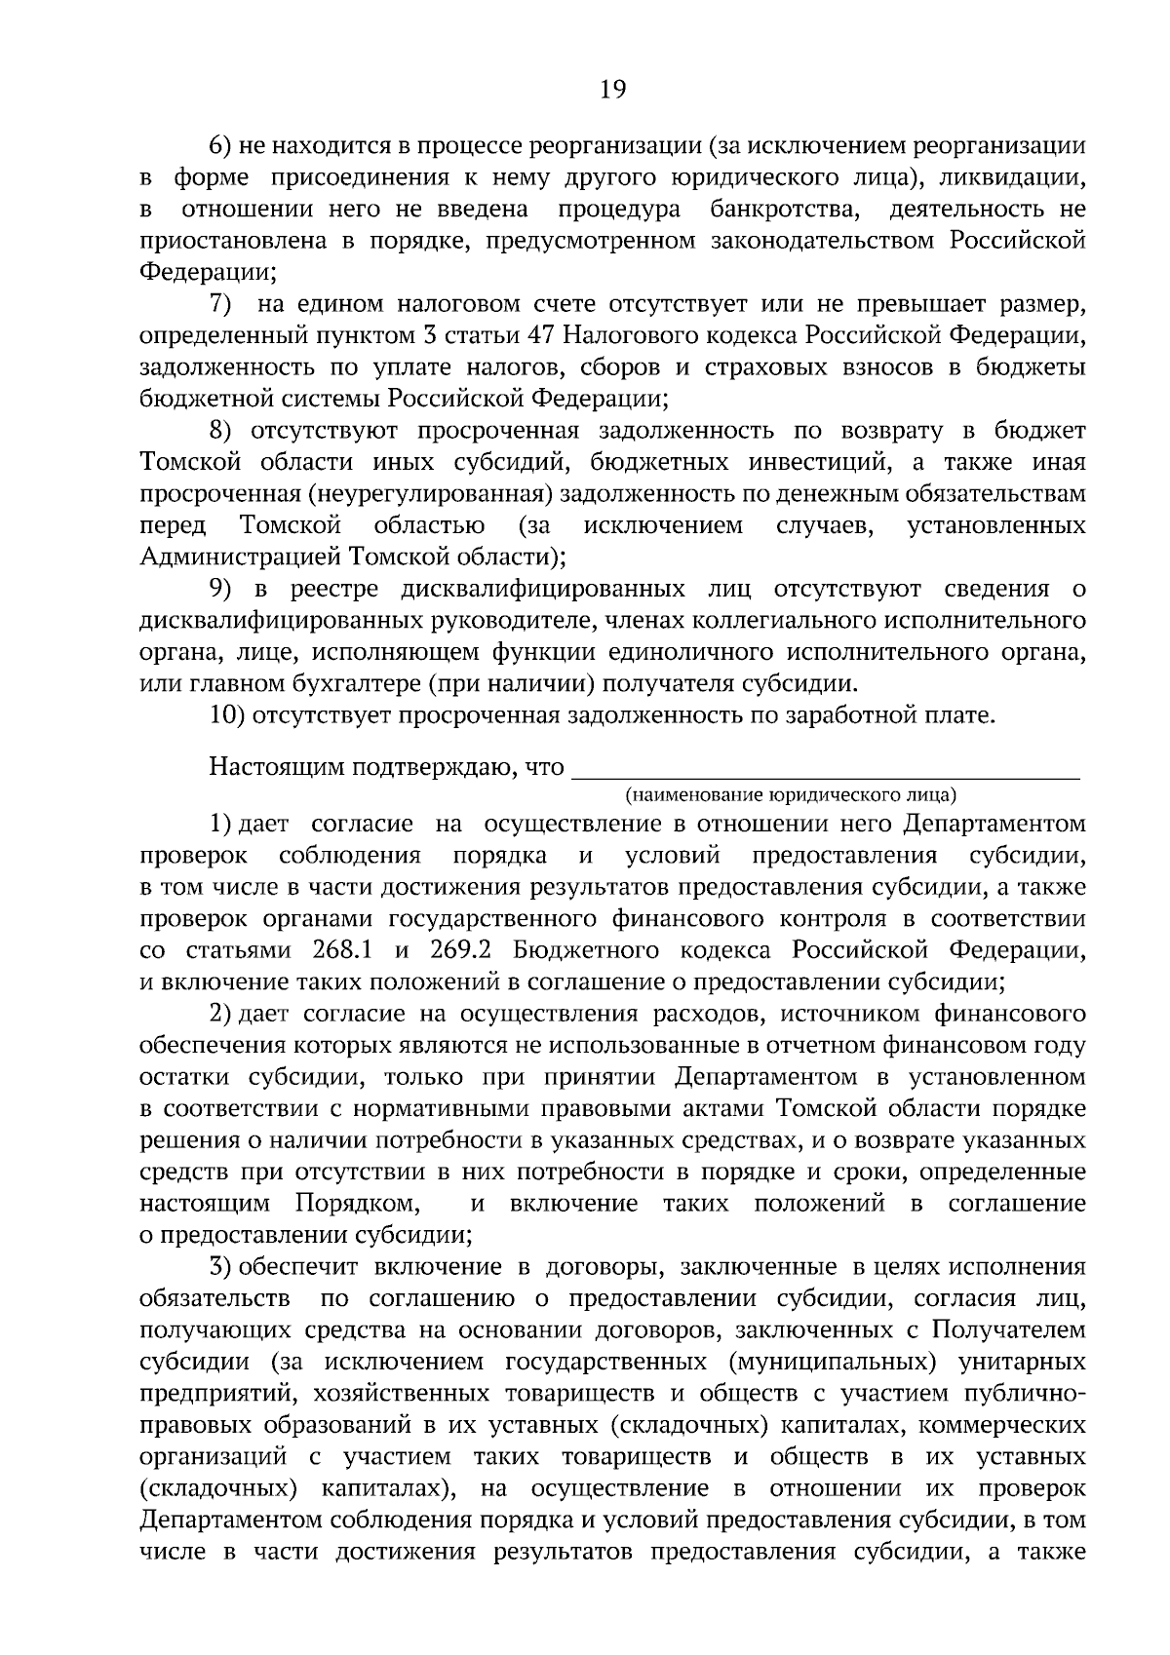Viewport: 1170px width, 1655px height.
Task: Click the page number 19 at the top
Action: [x=612, y=90]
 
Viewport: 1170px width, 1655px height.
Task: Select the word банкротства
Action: [x=786, y=210]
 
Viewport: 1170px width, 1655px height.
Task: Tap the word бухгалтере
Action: [x=325, y=683]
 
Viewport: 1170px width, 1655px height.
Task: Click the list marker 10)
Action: [x=226, y=715]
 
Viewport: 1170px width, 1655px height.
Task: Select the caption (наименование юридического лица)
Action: [x=792, y=794]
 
